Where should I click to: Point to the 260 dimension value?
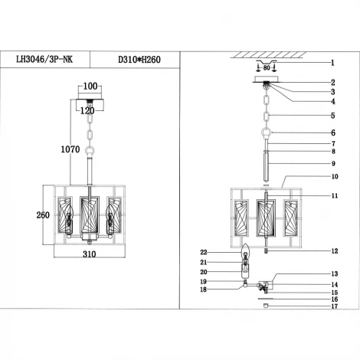31,215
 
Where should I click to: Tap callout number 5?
333,116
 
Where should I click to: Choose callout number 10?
334,176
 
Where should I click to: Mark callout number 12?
334,250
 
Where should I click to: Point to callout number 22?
204,252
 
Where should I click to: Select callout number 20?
204,271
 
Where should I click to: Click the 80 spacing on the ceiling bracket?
266,67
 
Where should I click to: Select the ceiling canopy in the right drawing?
266,83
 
